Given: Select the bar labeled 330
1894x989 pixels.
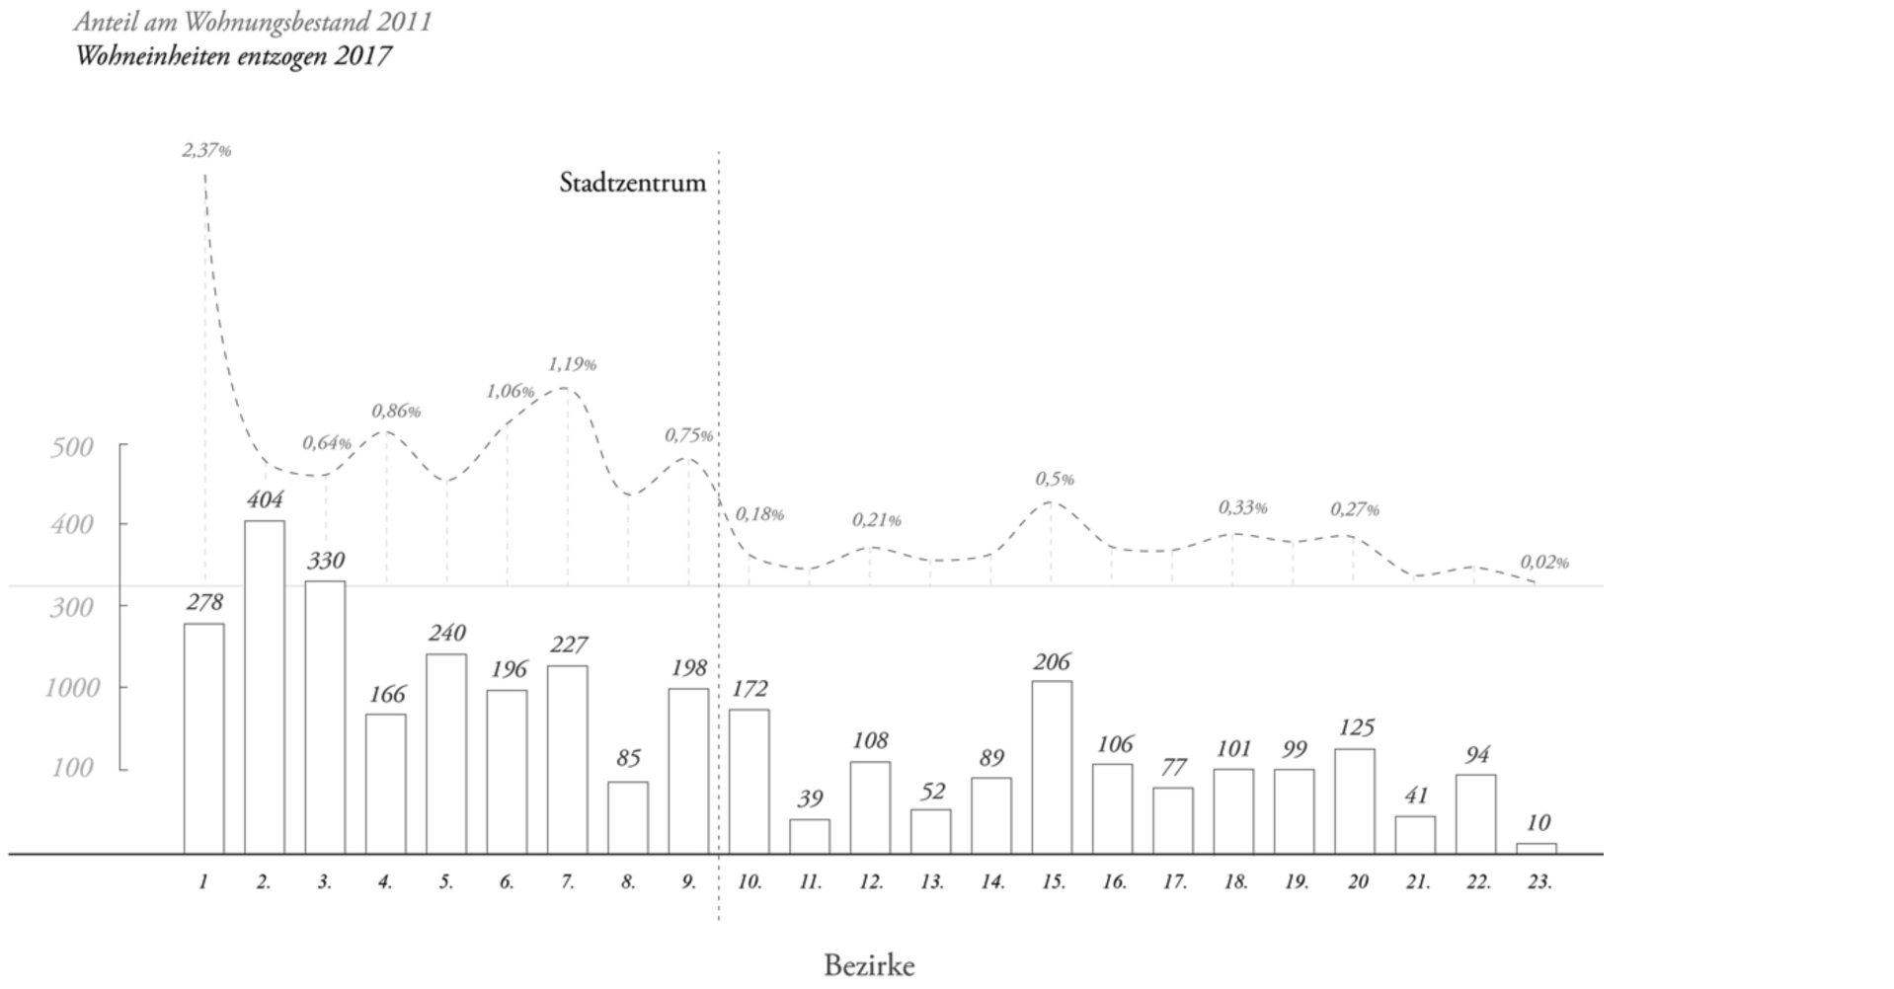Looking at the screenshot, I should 325,717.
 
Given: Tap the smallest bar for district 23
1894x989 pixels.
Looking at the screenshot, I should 1536,848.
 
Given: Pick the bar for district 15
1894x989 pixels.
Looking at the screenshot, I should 1051,767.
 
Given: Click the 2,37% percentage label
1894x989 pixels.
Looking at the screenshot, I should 206,151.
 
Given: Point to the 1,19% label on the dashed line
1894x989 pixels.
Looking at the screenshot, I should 572,364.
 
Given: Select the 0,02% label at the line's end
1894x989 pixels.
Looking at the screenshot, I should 1543,563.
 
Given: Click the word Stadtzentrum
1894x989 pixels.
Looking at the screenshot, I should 632,183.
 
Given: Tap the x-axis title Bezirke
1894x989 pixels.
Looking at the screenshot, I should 869,965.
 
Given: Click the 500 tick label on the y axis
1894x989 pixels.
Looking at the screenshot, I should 71,447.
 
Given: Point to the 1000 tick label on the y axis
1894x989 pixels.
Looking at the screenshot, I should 72,687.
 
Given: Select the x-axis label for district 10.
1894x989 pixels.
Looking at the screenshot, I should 750,882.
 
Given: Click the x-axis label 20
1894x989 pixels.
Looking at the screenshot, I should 1357,882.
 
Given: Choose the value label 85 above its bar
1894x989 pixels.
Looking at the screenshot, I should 628,758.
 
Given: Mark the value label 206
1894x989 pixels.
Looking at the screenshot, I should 1052,662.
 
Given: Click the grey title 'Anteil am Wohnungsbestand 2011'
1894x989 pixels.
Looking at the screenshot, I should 253,22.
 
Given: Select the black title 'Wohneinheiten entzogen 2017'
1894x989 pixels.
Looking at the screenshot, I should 233,55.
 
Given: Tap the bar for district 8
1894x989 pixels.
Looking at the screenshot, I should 627,817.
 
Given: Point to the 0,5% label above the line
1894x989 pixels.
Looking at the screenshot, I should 1054,479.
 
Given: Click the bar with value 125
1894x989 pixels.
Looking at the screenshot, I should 1354,800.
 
